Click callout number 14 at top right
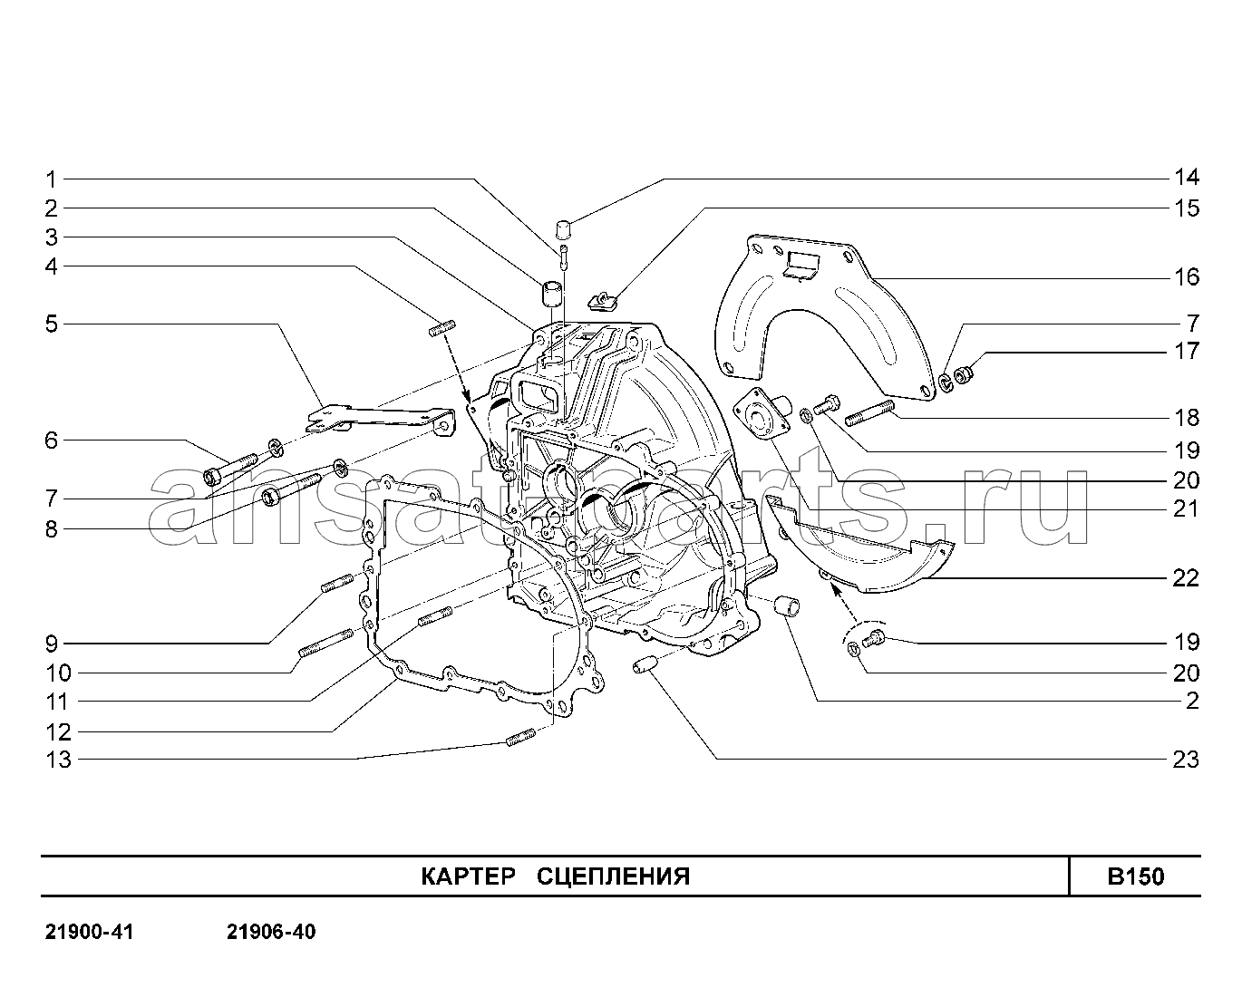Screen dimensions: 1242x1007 [1187, 177]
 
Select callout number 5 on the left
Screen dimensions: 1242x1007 [52, 324]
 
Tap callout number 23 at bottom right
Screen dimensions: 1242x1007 [1186, 760]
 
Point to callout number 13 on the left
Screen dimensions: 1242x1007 [58, 760]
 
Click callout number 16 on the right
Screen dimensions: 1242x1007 [1187, 277]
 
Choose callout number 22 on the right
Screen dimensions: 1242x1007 [1186, 578]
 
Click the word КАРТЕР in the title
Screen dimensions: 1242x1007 [468, 876]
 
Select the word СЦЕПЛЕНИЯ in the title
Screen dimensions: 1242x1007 [613, 876]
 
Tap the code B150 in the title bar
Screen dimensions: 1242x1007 [1135, 876]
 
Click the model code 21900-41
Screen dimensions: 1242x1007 [90, 932]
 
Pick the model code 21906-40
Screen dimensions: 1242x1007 [271, 932]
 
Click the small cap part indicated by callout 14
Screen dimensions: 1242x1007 [563, 229]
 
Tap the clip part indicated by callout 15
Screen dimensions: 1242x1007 [603, 302]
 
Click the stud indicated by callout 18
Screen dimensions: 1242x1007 [869, 412]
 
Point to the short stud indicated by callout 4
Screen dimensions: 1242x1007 [442, 328]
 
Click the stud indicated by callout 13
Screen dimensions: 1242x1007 [520, 737]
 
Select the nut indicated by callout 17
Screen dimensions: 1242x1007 [964, 374]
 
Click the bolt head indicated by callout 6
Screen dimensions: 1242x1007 [212, 477]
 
